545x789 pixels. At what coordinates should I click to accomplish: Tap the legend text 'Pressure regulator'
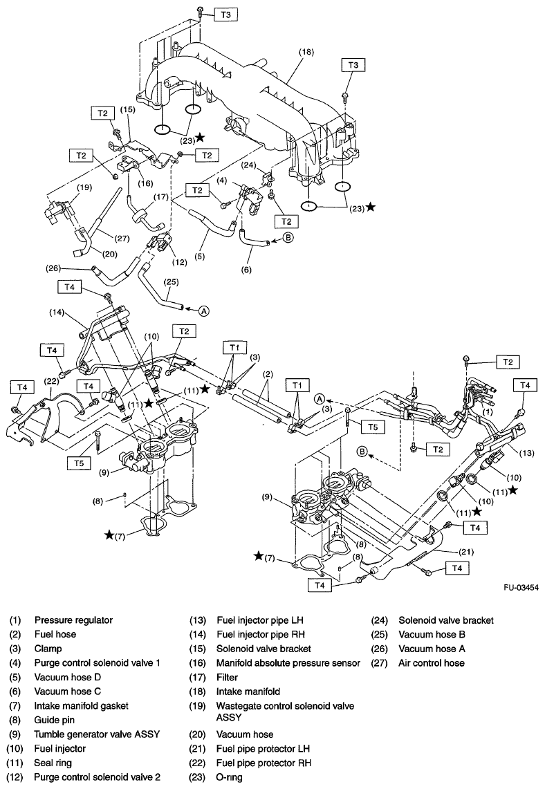[73, 620]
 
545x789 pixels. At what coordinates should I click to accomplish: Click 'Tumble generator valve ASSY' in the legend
[97, 734]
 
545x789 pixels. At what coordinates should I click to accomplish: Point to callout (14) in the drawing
[57, 313]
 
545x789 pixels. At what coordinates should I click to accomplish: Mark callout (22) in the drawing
[50, 382]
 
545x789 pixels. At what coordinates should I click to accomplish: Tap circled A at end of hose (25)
[204, 311]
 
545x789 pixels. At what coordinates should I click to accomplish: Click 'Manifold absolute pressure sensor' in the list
[288, 663]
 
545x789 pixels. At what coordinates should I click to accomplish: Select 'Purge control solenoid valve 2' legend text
[98, 777]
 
